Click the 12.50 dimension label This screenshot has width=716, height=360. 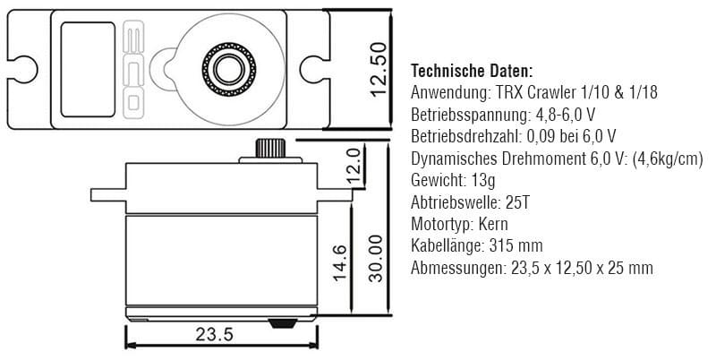379,69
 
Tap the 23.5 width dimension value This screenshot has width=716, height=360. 215,335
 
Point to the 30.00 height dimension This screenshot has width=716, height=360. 375,258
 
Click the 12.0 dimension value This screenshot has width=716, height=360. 354,165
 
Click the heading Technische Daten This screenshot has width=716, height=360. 472,71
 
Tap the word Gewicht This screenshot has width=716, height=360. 432,181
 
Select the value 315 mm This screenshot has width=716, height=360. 516,245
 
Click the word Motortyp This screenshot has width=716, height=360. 441,224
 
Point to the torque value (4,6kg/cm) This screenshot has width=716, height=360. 668,159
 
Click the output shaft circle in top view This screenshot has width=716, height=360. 229,70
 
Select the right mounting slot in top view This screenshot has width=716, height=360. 314,70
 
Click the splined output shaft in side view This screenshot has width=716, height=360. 270,148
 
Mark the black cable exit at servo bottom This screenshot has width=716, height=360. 282,323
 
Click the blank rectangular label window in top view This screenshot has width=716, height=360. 88,70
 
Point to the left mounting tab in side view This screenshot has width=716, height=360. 108,195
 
